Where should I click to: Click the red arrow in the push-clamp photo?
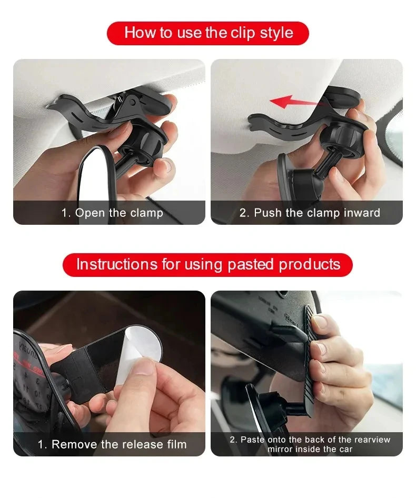pos(297,102)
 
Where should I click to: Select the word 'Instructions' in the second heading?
pos(117,264)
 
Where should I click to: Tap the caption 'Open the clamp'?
pos(119,213)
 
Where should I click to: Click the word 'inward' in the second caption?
pos(362,213)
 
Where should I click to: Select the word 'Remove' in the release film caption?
pos(74,444)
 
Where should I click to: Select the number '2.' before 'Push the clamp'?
pos(244,213)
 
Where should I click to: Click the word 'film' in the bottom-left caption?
pos(177,444)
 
